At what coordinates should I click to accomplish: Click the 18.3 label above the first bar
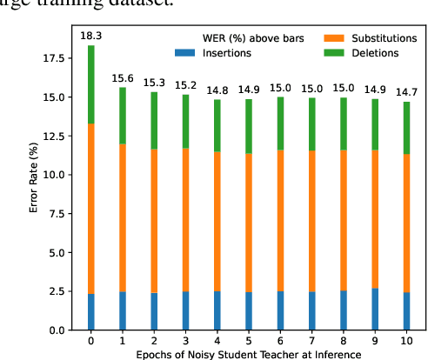tap(91, 36)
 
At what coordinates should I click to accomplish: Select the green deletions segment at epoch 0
tap(91, 84)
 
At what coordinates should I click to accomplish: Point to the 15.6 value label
tap(123, 77)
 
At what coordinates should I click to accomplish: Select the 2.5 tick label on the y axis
tap(57, 291)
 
